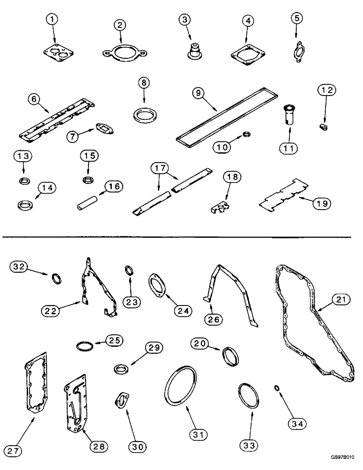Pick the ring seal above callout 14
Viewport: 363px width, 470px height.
23,205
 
